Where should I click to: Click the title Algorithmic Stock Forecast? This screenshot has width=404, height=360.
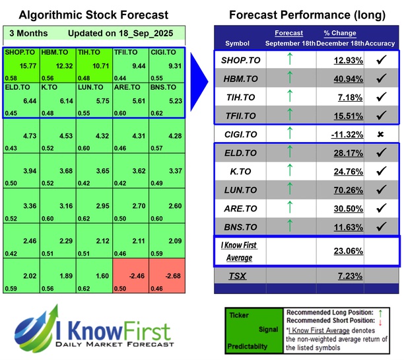[x=93, y=15]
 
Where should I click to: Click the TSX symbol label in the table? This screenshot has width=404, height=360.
[x=237, y=275]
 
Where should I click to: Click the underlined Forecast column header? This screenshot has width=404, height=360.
[x=289, y=32]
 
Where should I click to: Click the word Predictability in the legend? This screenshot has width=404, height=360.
[x=248, y=345]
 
